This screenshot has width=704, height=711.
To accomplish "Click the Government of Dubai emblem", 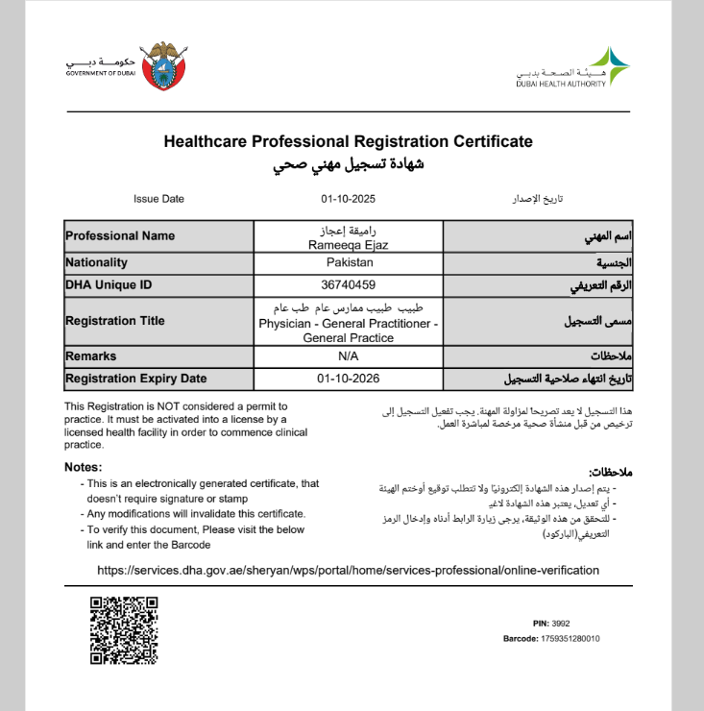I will click(x=163, y=66).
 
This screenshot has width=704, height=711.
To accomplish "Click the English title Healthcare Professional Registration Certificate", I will click(x=348, y=141).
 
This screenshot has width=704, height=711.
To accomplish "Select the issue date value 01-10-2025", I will click(x=348, y=199).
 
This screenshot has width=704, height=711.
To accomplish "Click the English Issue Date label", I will click(x=158, y=199).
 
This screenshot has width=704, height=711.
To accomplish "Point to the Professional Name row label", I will click(x=120, y=235).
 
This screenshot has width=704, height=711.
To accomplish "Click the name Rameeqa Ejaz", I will click(x=349, y=245).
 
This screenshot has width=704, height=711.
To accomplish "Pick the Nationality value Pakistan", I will click(x=349, y=262).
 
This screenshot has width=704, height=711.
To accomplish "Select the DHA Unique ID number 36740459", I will click(x=349, y=284).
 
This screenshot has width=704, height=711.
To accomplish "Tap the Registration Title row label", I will click(x=115, y=321).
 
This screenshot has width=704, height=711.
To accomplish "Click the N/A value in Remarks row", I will click(x=349, y=356).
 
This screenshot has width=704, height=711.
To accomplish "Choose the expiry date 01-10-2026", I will click(x=349, y=379).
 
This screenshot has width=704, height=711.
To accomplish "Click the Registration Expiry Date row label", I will click(x=135, y=379).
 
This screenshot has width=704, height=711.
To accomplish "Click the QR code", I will click(x=124, y=630).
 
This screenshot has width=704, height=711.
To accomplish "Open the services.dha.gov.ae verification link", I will click(x=348, y=570).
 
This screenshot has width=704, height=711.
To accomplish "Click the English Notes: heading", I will click(x=83, y=467).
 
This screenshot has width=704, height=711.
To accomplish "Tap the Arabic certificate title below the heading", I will click(x=348, y=164).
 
